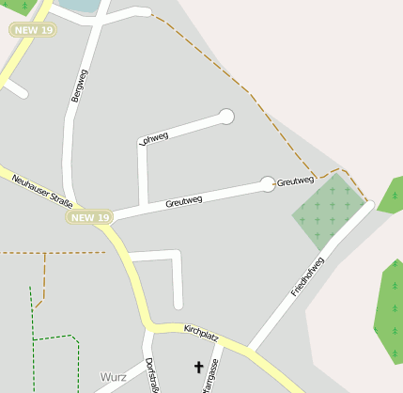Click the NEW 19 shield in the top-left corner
(34, 30)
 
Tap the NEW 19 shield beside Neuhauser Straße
(90, 217)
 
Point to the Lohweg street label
(153, 138)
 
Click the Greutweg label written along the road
(183, 201)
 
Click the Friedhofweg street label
(307, 276)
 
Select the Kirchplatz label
(201, 331)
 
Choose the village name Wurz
(113, 377)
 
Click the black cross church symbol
(198, 367)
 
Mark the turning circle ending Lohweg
(225, 117)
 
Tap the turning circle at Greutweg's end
(267, 183)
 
